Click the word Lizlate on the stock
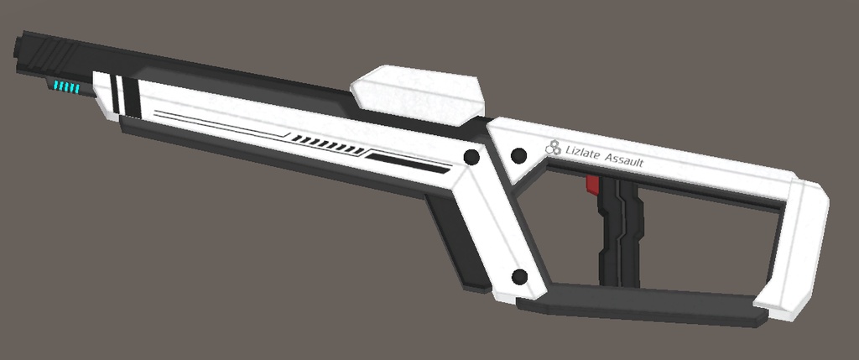tap(582, 152)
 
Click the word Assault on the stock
tap(624, 160)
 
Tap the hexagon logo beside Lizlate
tap(554, 147)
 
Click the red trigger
tap(592, 185)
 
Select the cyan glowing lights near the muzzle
tap(66, 86)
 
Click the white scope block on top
tap(418, 94)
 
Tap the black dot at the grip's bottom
tap(519, 277)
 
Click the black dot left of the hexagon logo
tap(518, 155)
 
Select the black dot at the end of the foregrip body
tap(471, 157)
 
